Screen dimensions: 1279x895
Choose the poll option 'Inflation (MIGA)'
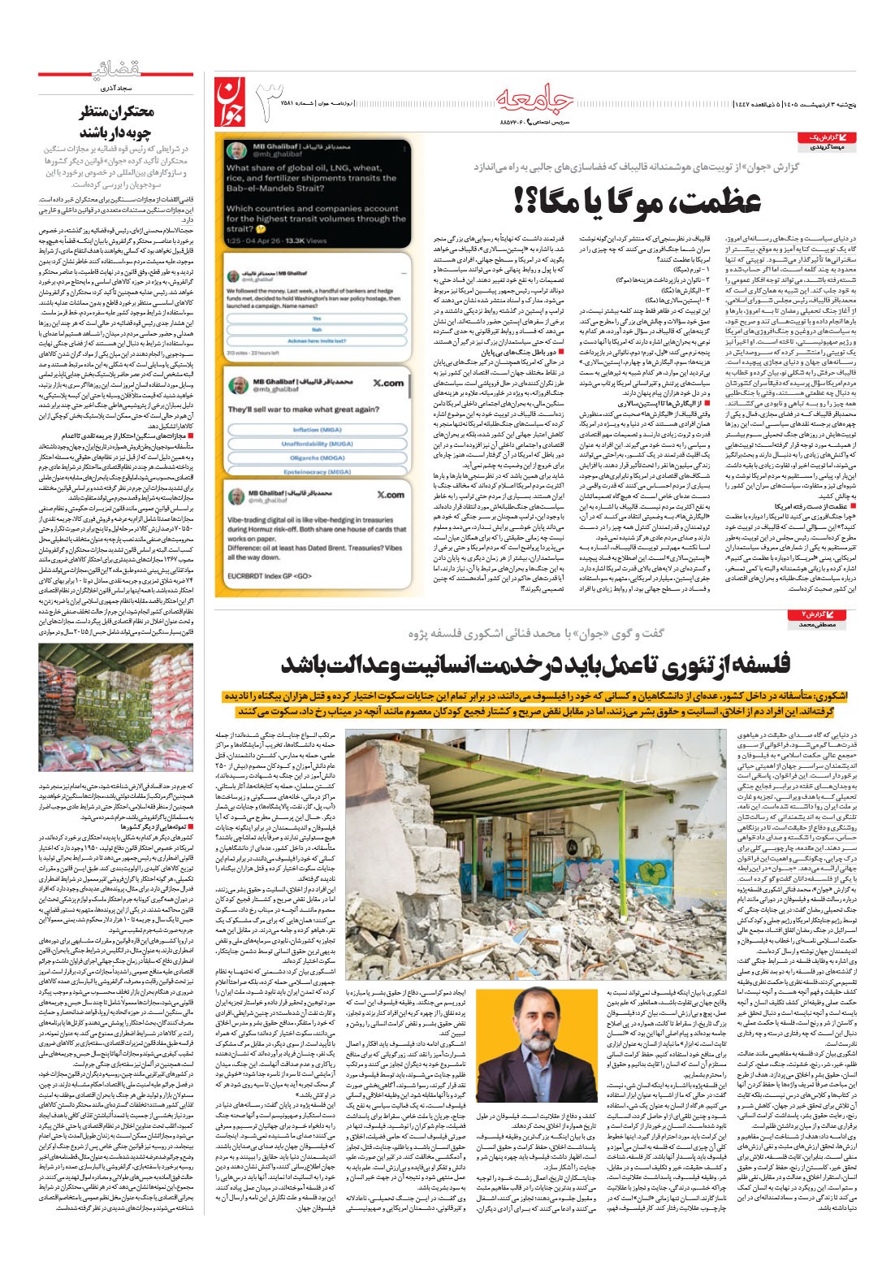point(317,430)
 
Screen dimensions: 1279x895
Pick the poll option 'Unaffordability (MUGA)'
point(317,444)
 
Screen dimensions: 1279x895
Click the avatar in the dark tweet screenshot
point(236,151)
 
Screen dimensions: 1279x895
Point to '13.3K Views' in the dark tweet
point(305,241)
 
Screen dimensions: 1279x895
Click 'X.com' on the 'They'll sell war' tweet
point(387,383)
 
